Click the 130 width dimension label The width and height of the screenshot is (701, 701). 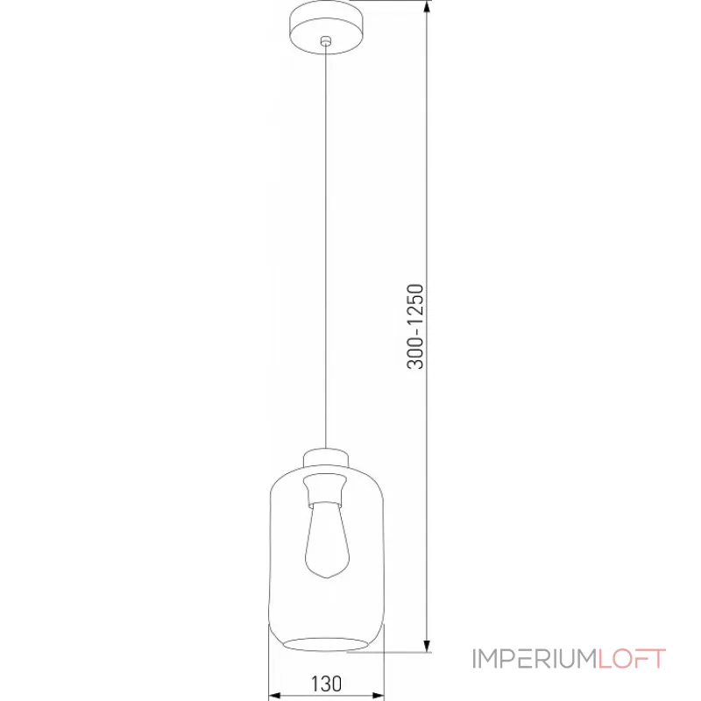pos(326,684)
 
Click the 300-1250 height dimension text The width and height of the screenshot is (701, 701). pos(414,326)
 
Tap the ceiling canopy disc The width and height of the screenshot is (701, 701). pos(326,27)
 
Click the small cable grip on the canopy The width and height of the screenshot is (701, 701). pos(326,41)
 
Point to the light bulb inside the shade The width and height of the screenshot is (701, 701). pos(326,540)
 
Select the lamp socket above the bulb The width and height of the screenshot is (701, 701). pos(325,491)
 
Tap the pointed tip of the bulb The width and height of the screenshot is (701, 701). pos(327,578)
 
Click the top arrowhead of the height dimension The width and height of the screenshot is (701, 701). pos(427,7)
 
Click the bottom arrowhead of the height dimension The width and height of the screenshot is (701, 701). pos(427,646)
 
